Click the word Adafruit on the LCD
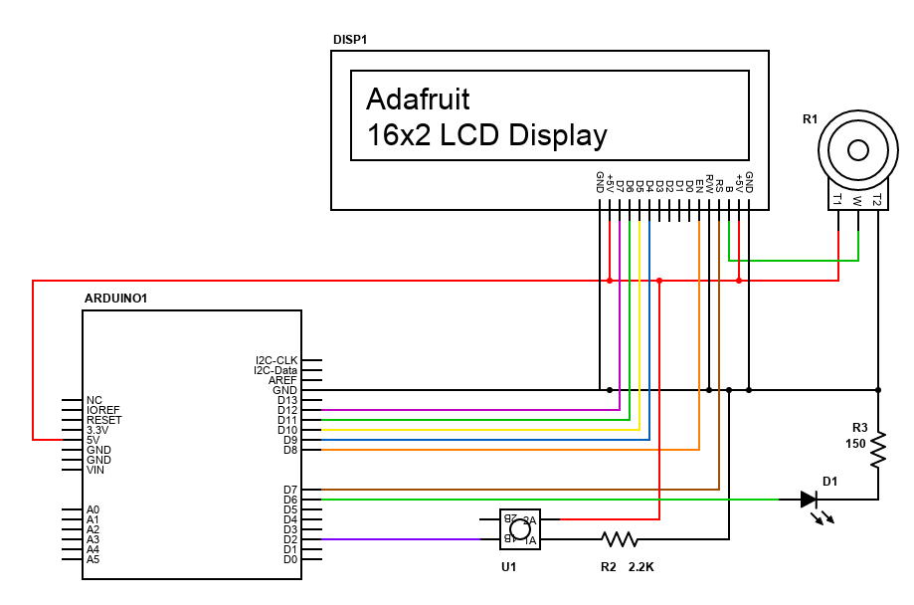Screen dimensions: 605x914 pos(418,100)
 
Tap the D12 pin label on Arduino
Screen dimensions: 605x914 pos(287,410)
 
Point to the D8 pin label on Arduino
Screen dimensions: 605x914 pos(289,450)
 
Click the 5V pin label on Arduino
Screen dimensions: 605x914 pos(94,440)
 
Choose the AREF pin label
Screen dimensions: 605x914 pos(282,380)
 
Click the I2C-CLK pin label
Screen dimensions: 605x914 pos(276,360)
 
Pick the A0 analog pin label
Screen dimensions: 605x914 pos(93,509)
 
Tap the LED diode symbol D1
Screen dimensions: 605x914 pos(810,500)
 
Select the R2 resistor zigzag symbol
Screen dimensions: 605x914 pos(618,539)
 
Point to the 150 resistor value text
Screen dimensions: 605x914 pos(855,444)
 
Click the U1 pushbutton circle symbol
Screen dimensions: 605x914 pos(518,529)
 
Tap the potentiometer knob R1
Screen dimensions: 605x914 pos(856,151)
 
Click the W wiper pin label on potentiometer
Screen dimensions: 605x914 pos(857,200)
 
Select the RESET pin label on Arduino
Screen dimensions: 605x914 pos(103,420)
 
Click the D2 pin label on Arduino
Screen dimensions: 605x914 pos(289,539)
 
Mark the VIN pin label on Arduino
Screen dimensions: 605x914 pos(95,470)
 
